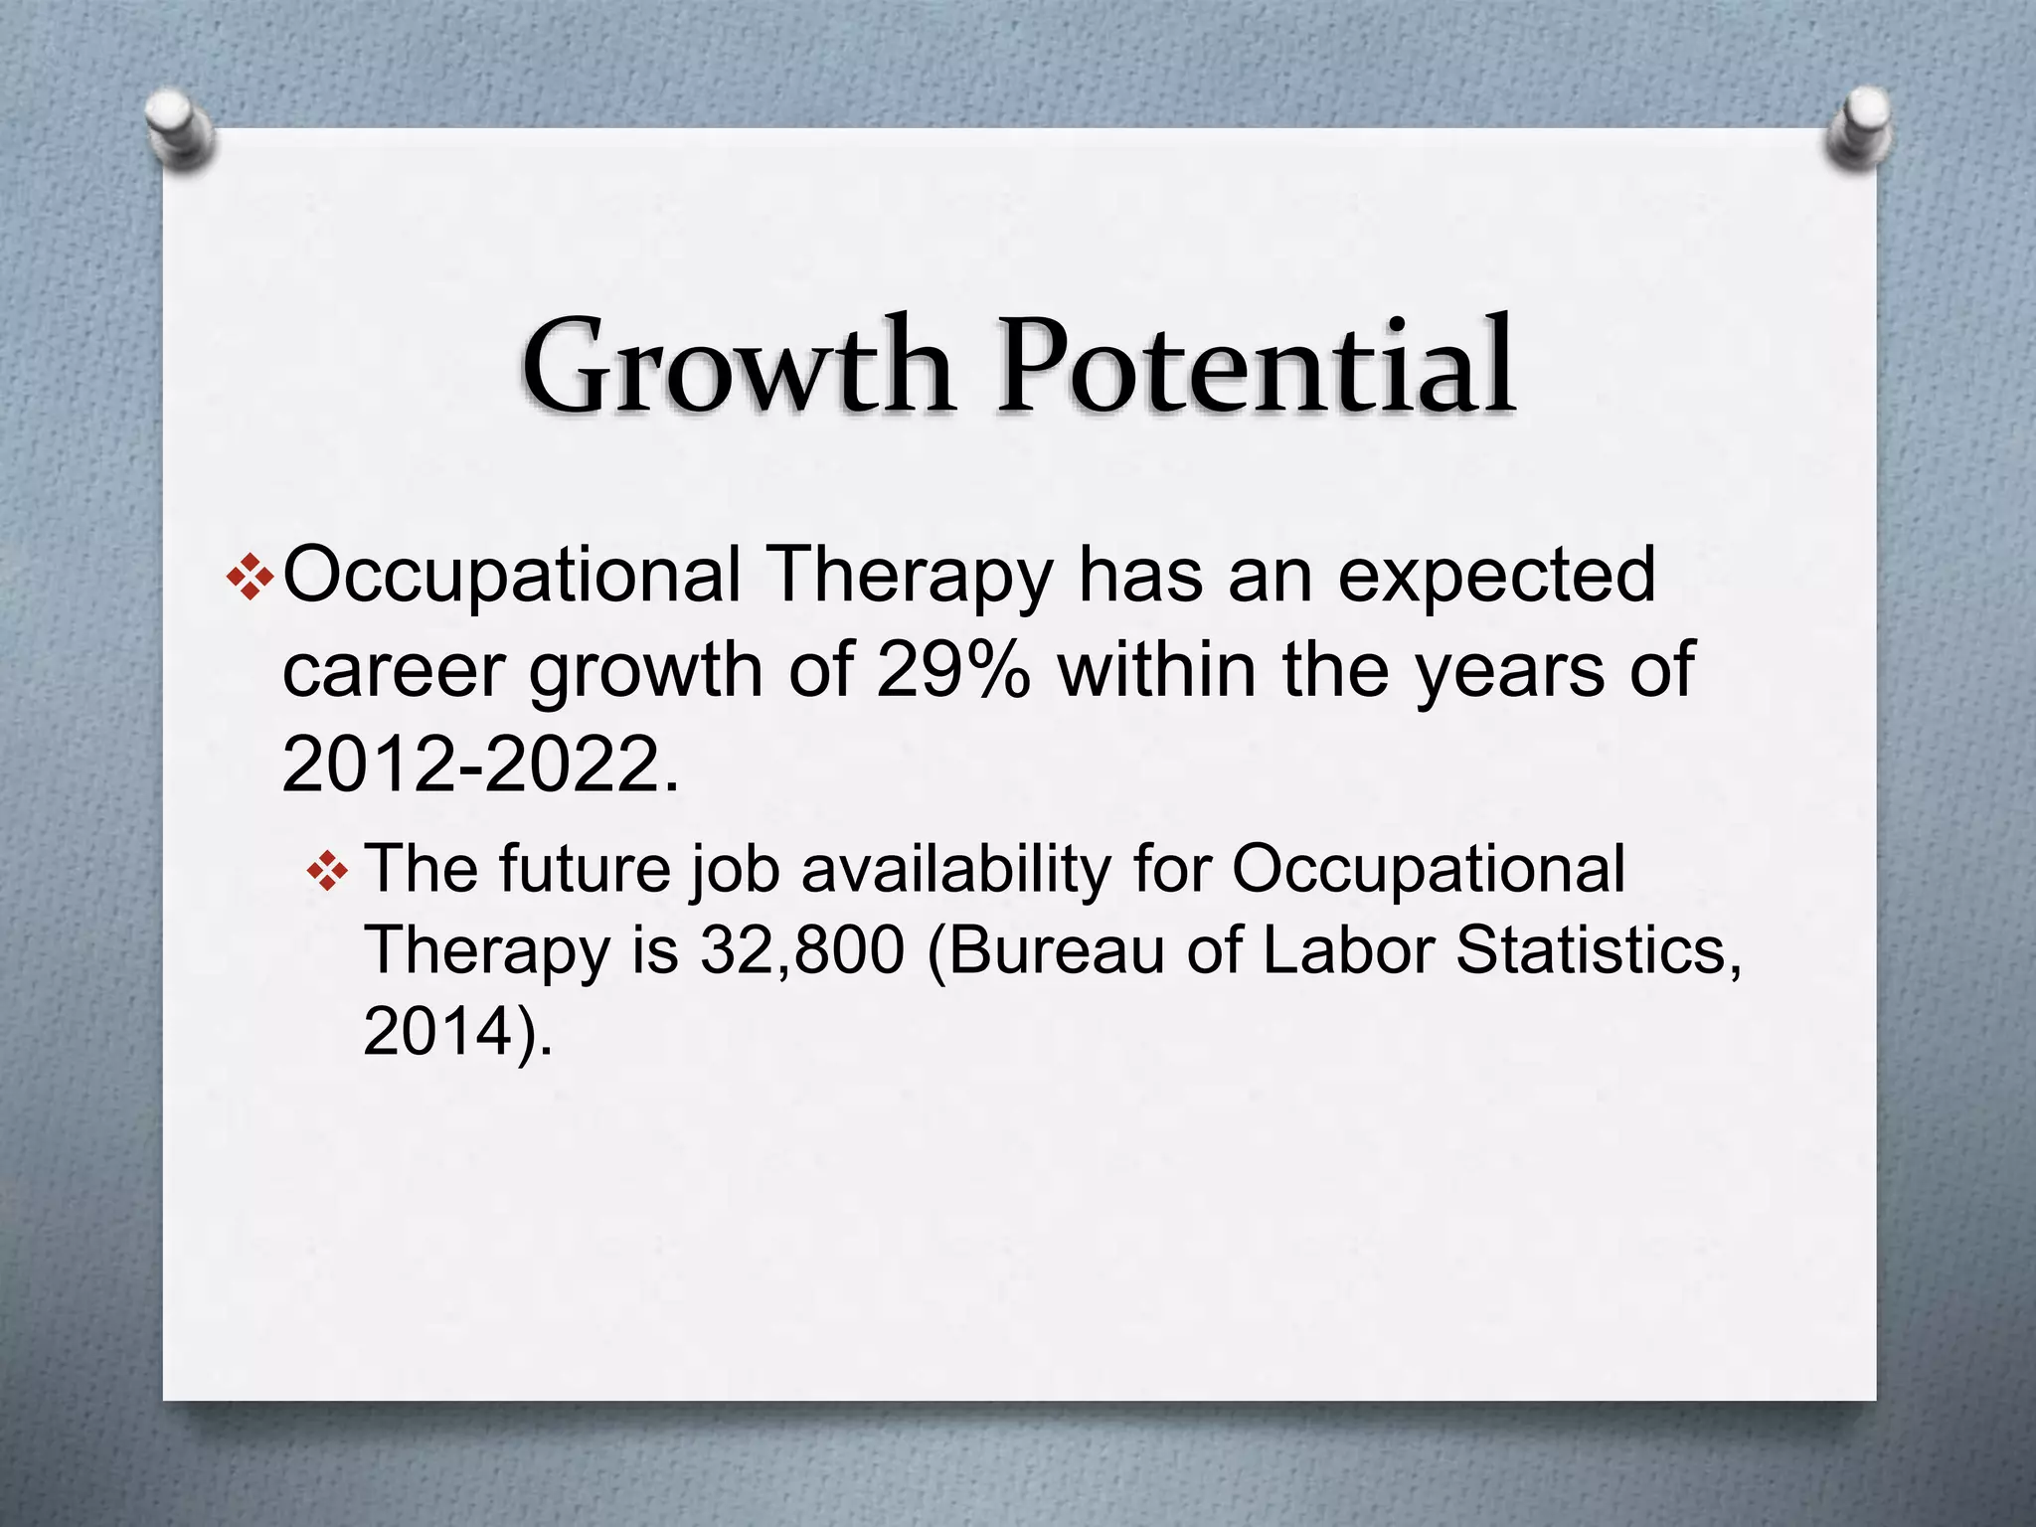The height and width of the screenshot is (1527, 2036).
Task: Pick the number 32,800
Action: [x=802, y=950]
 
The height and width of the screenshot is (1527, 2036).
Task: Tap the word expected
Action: [x=1496, y=577]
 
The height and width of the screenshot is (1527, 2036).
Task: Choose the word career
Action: [x=394, y=672]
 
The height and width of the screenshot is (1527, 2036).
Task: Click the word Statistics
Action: [x=1599, y=950]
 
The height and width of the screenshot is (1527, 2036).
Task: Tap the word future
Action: [x=585, y=869]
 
